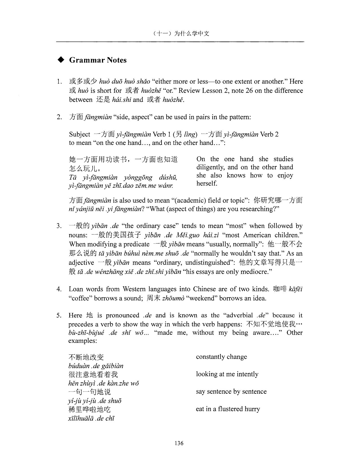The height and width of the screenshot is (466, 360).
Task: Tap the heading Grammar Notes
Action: click(x=98, y=60)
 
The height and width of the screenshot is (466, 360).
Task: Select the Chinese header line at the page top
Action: click(x=180, y=33)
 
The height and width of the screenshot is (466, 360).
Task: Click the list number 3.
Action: click(x=59, y=226)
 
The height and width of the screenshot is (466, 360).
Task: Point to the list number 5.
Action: click(x=59, y=315)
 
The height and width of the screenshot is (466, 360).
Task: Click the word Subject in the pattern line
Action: click(x=79, y=134)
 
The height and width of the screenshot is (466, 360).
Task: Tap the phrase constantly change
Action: click(x=221, y=357)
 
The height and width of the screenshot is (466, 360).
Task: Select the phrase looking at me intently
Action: click(x=227, y=374)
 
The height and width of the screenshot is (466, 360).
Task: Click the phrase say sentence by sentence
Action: click(x=231, y=391)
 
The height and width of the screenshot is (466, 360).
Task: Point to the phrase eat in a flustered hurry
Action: click(x=228, y=409)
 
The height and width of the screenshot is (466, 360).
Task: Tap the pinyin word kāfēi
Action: click(x=296, y=289)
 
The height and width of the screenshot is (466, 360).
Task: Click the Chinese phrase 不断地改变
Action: click(x=86, y=357)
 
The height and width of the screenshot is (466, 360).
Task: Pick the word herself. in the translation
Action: click(x=207, y=184)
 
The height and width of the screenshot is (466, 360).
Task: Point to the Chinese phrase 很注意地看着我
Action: click(x=93, y=374)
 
